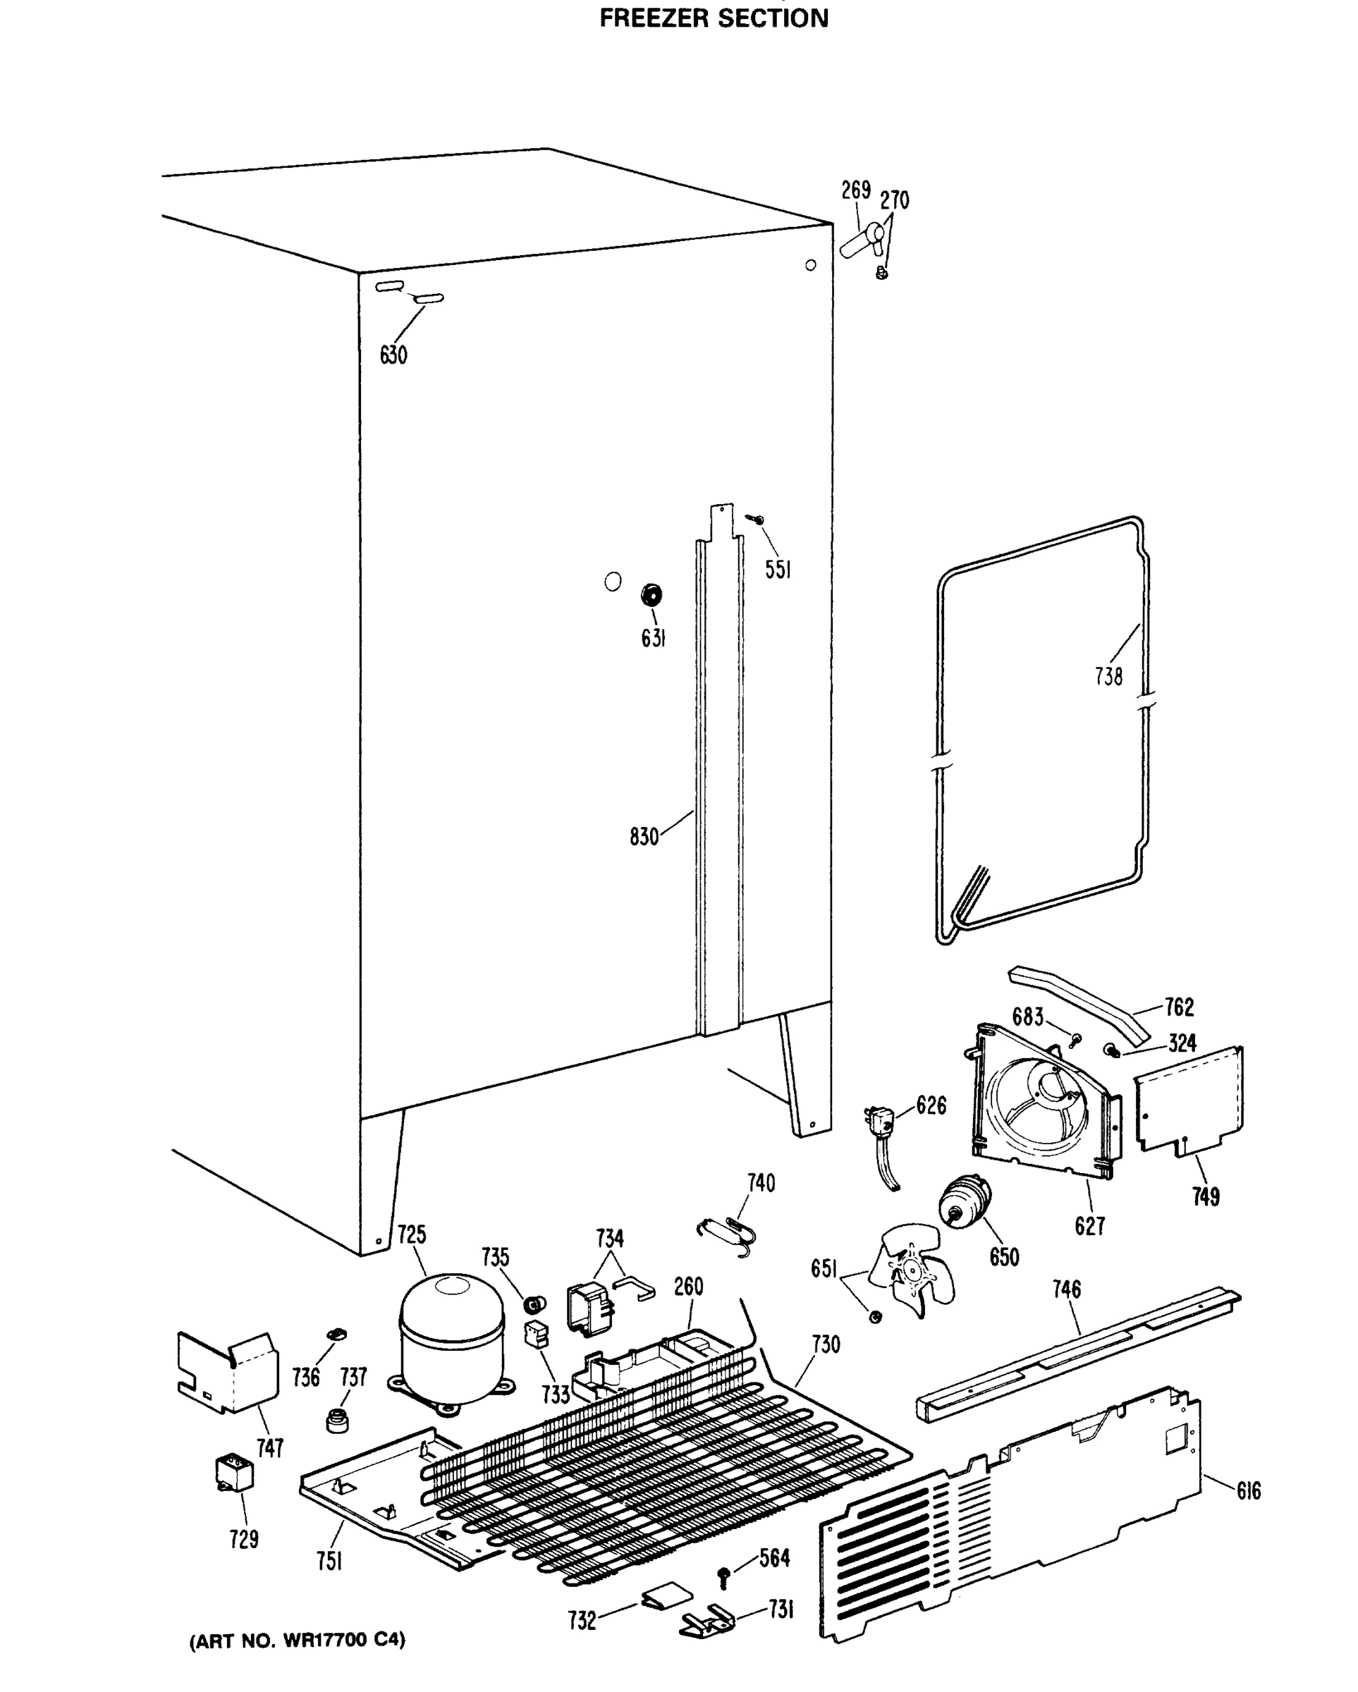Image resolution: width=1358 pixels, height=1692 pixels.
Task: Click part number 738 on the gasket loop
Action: point(1108,675)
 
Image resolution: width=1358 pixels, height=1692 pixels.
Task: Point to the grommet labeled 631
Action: point(651,595)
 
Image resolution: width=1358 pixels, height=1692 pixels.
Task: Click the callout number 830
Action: point(644,837)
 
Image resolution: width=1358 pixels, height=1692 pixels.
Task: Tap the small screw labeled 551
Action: point(757,519)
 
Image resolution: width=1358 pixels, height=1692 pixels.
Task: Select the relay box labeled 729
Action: point(234,1473)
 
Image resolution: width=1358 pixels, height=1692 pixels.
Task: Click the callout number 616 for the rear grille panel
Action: point(1248,1490)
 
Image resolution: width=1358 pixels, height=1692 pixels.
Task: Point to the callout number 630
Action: point(393,355)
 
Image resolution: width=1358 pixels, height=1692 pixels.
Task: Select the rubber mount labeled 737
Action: point(338,1419)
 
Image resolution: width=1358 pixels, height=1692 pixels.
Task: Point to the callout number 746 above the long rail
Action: point(1067,1289)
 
